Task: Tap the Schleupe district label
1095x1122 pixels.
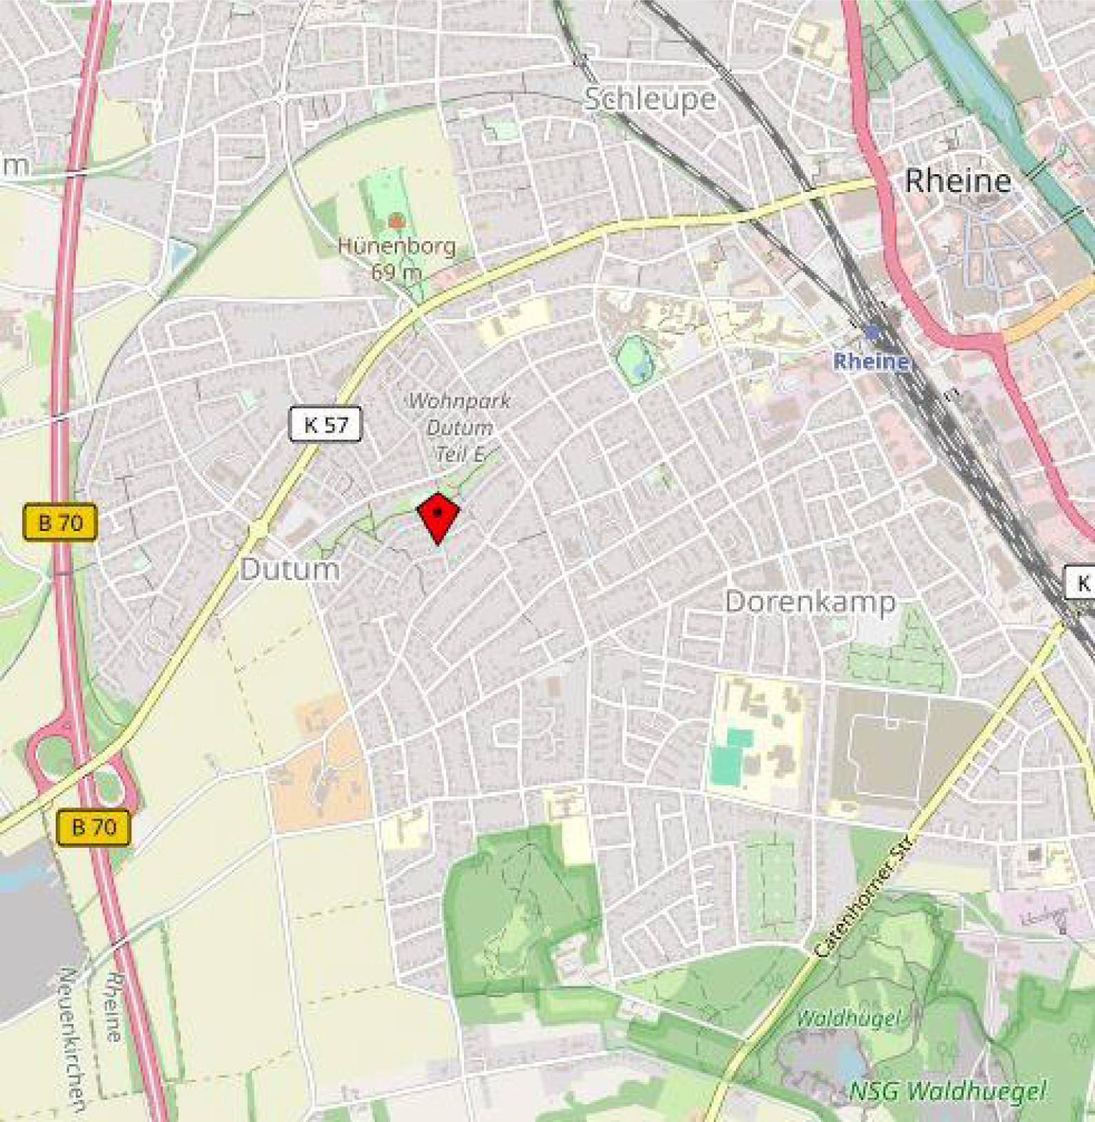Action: pos(650,99)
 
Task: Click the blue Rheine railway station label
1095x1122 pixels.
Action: pos(871,361)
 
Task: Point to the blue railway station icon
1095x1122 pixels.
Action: pos(872,333)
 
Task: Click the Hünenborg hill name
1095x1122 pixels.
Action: pos(396,246)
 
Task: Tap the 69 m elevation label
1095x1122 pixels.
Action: pos(396,272)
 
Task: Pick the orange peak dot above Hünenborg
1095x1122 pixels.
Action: pos(396,222)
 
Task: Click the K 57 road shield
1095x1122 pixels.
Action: pos(326,425)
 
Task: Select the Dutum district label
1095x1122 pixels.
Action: pos(290,570)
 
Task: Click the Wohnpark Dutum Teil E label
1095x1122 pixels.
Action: pos(459,427)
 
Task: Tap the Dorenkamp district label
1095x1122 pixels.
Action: pos(810,602)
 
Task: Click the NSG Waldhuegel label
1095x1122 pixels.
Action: pos(948,1091)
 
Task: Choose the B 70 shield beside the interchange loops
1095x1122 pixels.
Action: pos(94,827)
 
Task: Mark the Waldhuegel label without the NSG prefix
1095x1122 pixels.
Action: pos(847,1018)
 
